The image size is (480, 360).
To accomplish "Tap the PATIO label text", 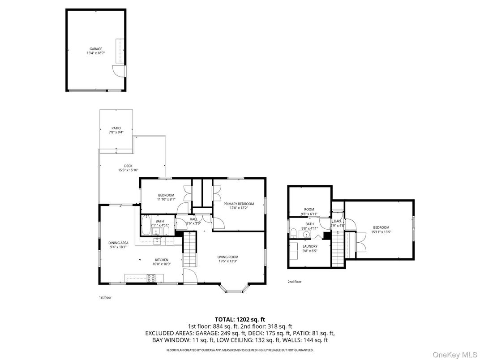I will pos(116,128).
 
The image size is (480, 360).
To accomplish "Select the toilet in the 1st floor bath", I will pos(166,230).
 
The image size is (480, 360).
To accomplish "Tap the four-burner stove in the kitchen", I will pos(151,278).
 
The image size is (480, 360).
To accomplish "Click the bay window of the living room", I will pos(233,288).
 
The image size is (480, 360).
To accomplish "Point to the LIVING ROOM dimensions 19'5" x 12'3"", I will pos(228,261).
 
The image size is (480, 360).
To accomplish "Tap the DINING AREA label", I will pos(118,243).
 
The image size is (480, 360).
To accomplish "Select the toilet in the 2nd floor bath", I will pos(293,233).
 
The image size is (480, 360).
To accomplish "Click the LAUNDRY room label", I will pos(310,246).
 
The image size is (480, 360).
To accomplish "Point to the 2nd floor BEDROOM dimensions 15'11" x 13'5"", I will pos(381,232).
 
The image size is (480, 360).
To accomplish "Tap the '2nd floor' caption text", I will pos(295,282).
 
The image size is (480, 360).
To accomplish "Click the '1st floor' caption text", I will pos(105,297).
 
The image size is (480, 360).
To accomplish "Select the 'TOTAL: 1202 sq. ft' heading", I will pos(240,319).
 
